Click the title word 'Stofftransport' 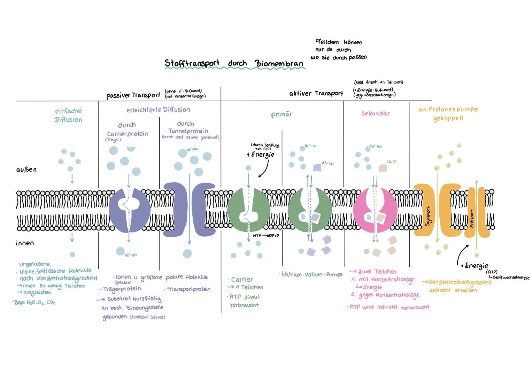pyautogui.click(x=192, y=63)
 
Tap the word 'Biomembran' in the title pyautogui.click(x=279, y=64)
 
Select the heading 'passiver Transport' pyautogui.click(x=133, y=95)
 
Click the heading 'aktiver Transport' pyautogui.click(x=316, y=93)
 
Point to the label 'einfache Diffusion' pyautogui.click(x=68, y=115)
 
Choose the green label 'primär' pyautogui.click(x=282, y=115)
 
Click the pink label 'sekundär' pyautogui.click(x=376, y=113)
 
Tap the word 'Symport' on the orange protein pyautogui.click(x=428, y=216)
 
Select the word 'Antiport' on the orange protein pyautogui.click(x=472, y=219)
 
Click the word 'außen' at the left pyautogui.click(x=26, y=170)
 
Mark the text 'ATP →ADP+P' pyautogui.click(x=266, y=236)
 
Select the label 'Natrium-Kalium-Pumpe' pyautogui.click(x=311, y=275)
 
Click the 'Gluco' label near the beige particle pyautogui.click(x=391, y=162)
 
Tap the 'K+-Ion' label pyautogui.click(x=327, y=163)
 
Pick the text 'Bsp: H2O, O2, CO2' pyautogui.click(x=34, y=303)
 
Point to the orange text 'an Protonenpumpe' pyautogui.click(x=448, y=109)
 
